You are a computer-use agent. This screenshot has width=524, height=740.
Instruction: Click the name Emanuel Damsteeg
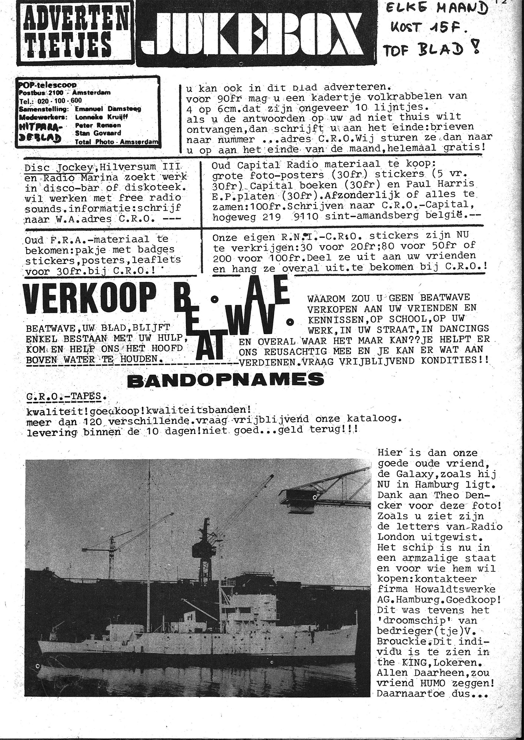coord(108,109)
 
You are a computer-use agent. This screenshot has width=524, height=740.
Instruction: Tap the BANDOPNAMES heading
coord(225,380)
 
